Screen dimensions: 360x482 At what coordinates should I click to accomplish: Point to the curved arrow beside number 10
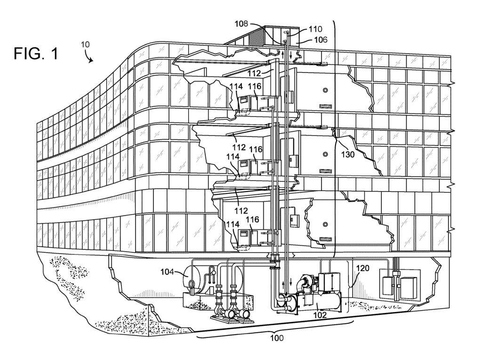coord(88,57)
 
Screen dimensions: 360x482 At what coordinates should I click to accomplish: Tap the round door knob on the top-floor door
coord(325,90)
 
